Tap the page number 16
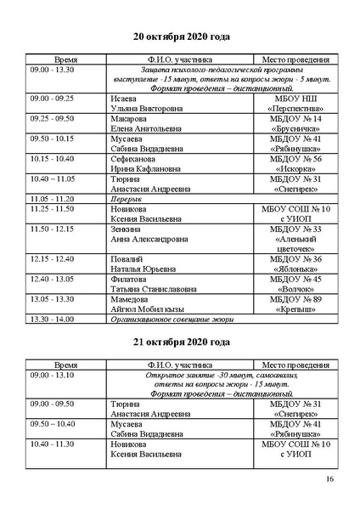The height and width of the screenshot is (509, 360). [x=329, y=480]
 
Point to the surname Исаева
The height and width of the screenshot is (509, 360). [x=124, y=99]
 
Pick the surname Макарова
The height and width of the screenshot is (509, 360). [x=128, y=119]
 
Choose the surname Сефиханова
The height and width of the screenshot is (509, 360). [x=134, y=159]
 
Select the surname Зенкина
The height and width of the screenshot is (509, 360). [x=126, y=229]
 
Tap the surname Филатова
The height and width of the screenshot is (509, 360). [x=128, y=279]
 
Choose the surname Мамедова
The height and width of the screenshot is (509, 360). [x=130, y=298]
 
